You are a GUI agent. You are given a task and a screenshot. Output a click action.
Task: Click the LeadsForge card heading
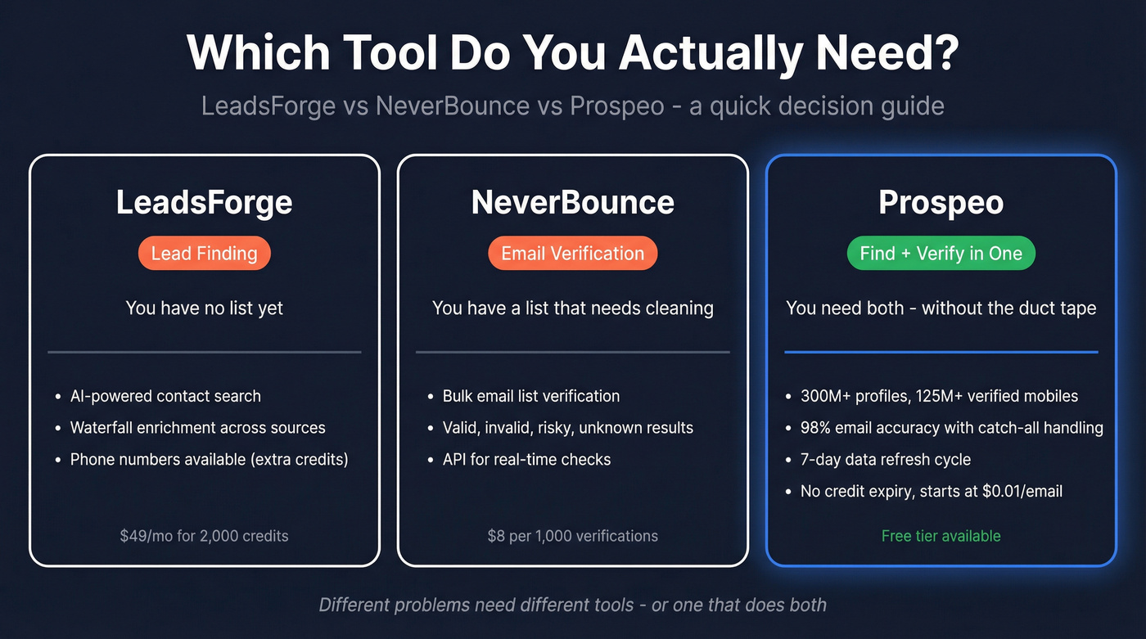(x=204, y=203)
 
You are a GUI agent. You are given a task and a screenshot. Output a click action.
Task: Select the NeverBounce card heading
(x=572, y=203)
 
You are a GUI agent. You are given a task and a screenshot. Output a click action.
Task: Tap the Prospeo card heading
(x=941, y=203)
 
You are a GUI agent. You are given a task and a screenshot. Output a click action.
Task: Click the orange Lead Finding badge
(x=204, y=254)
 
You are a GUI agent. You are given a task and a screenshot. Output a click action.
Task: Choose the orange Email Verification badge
(x=572, y=254)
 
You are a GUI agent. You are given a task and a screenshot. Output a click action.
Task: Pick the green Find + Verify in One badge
(x=941, y=254)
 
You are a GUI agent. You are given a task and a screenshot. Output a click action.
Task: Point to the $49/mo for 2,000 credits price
(x=204, y=537)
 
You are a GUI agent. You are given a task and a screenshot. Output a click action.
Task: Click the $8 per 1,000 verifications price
(x=572, y=537)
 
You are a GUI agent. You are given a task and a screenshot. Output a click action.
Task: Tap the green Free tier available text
(x=941, y=537)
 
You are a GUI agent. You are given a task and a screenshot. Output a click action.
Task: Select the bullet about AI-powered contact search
(x=165, y=396)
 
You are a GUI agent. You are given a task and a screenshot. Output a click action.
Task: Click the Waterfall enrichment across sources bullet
(x=197, y=428)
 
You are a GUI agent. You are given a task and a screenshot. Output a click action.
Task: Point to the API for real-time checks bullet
(x=526, y=459)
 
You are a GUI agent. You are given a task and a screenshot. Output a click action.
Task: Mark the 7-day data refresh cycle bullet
(x=885, y=459)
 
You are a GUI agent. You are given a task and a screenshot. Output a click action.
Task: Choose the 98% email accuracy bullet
(x=951, y=428)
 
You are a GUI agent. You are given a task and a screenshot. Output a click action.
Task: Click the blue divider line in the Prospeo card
(x=941, y=352)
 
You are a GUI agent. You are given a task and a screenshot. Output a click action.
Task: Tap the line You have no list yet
(x=204, y=308)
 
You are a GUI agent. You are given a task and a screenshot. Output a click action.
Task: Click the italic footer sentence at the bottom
(x=572, y=605)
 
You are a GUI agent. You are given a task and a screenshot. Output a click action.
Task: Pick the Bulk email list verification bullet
(x=530, y=396)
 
